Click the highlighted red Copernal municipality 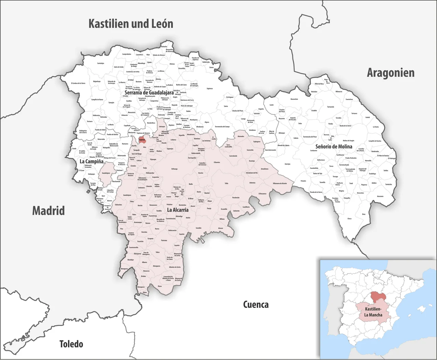142,140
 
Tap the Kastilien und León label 131,24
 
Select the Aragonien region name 391,73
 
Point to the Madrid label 48,211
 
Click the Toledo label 71,344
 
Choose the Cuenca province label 256,304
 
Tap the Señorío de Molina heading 334,146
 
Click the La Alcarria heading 178,210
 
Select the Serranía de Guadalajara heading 149,92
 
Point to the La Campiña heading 91,161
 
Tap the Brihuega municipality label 174,169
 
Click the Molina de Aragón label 349,141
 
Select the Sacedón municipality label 198,228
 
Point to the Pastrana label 164,240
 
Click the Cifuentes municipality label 217,162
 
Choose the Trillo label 226,184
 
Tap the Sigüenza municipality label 209,88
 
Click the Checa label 349,219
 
